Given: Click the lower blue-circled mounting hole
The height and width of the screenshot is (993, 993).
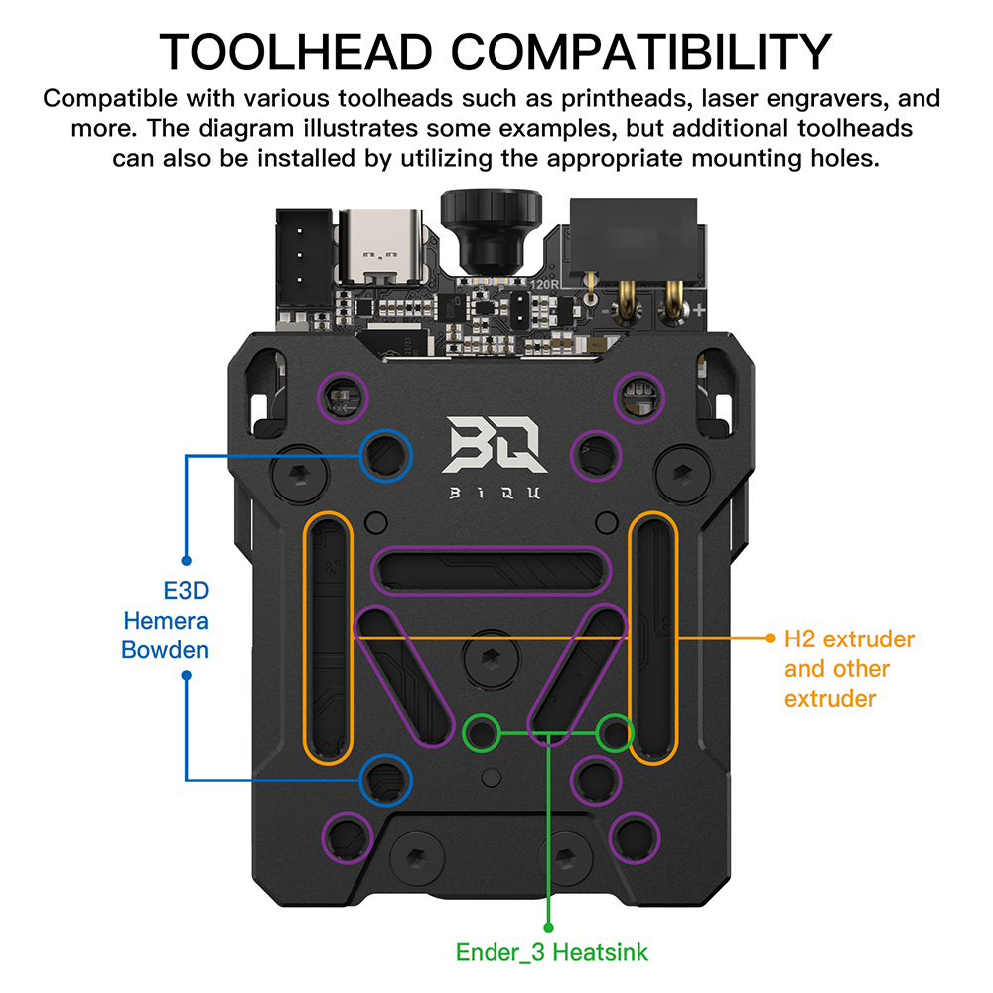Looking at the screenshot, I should pos(385,779).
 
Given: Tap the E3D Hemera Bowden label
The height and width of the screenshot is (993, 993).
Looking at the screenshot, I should pos(165,621).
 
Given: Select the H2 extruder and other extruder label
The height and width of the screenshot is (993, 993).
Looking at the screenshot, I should pos(849,668).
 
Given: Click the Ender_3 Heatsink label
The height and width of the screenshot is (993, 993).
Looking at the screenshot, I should pos(551,952).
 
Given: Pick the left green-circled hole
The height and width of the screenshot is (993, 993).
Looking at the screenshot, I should pos(484,733).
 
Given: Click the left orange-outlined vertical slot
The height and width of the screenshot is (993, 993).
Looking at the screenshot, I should pos(328,638).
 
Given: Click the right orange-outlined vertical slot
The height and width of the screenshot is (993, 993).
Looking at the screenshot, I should pos(653,638).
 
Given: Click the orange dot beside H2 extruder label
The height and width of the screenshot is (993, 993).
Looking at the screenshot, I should pos(769,638).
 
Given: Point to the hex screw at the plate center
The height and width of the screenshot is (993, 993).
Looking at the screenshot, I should pos(490,656).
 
